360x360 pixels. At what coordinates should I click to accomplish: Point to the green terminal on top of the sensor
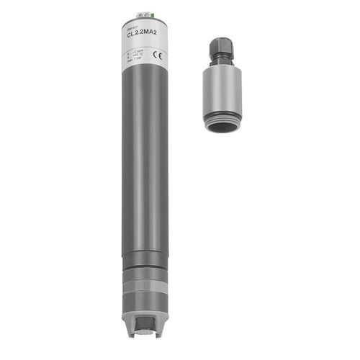point(152,14)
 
